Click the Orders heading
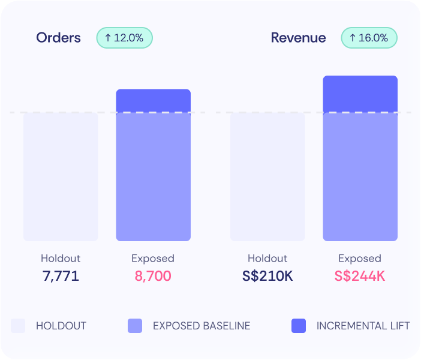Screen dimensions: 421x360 [58, 38]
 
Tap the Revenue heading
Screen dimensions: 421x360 [298, 38]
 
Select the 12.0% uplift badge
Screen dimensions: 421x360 [125, 38]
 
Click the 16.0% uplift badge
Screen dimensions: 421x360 [369, 38]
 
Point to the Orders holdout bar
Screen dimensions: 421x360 [61, 177]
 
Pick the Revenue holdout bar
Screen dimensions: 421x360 [267, 177]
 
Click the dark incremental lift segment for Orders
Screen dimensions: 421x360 [154, 101]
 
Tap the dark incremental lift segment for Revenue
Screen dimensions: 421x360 [360, 94]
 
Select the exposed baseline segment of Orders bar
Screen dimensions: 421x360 [154, 177]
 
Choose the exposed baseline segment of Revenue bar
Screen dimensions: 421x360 [360, 177]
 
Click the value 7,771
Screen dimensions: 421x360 [61, 276]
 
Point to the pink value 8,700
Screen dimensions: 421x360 [153, 276]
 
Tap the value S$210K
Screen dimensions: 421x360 [267, 276]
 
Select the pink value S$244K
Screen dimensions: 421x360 [360, 276]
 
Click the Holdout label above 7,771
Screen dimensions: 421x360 [61, 259]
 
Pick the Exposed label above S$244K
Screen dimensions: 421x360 [360, 259]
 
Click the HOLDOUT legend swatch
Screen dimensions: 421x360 [18, 326]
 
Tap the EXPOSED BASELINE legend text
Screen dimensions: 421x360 [202, 326]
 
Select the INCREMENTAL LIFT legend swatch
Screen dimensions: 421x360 [299, 326]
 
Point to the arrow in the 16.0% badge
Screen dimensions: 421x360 [353, 38]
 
